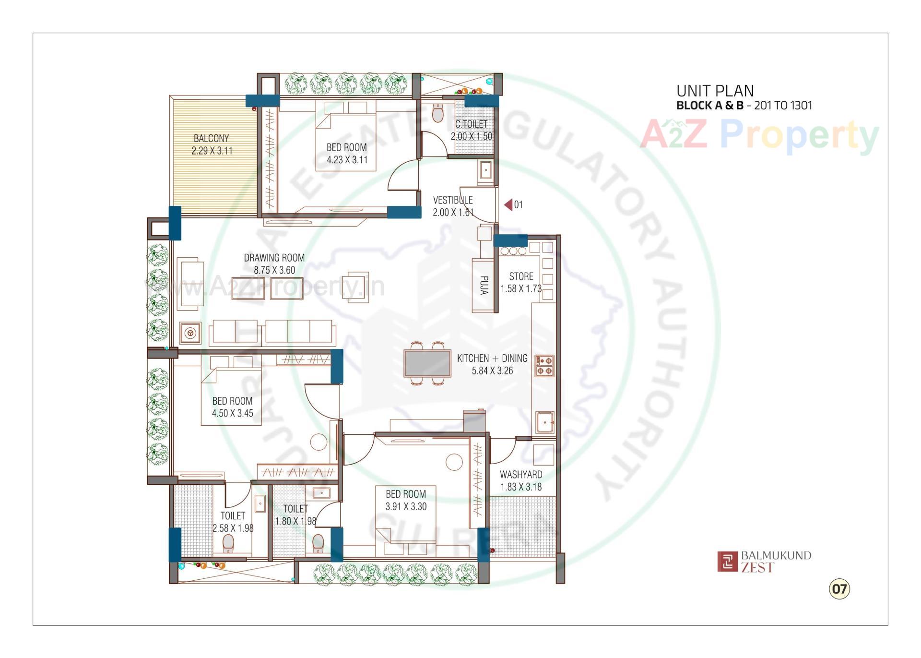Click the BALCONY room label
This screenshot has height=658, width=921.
pos(211,138)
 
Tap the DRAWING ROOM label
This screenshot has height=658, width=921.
pos(274,258)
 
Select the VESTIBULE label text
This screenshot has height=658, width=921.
pos(452,200)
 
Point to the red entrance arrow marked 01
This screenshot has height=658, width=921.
pos(508,205)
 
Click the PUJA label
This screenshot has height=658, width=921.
pos(484,285)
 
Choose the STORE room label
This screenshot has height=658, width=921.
pos(521,276)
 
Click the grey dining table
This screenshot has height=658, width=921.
pos(427,363)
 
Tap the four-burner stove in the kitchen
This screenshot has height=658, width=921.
pos(544,366)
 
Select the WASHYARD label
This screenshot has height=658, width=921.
pos(521,474)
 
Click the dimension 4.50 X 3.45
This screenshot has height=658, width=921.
pos(233,413)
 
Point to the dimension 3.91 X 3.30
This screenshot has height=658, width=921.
pos(406,506)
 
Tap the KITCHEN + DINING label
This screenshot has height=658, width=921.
pos(492,358)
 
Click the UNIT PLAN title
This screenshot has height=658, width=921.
pos(715,91)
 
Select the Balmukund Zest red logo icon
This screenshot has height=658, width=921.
pos(727,561)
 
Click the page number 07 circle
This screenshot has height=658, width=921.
pos(839,588)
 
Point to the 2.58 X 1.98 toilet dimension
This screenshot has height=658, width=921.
pos(233,528)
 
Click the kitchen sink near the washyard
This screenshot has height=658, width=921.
pos(544,422)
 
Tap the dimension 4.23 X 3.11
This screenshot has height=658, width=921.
pos(347,160)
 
